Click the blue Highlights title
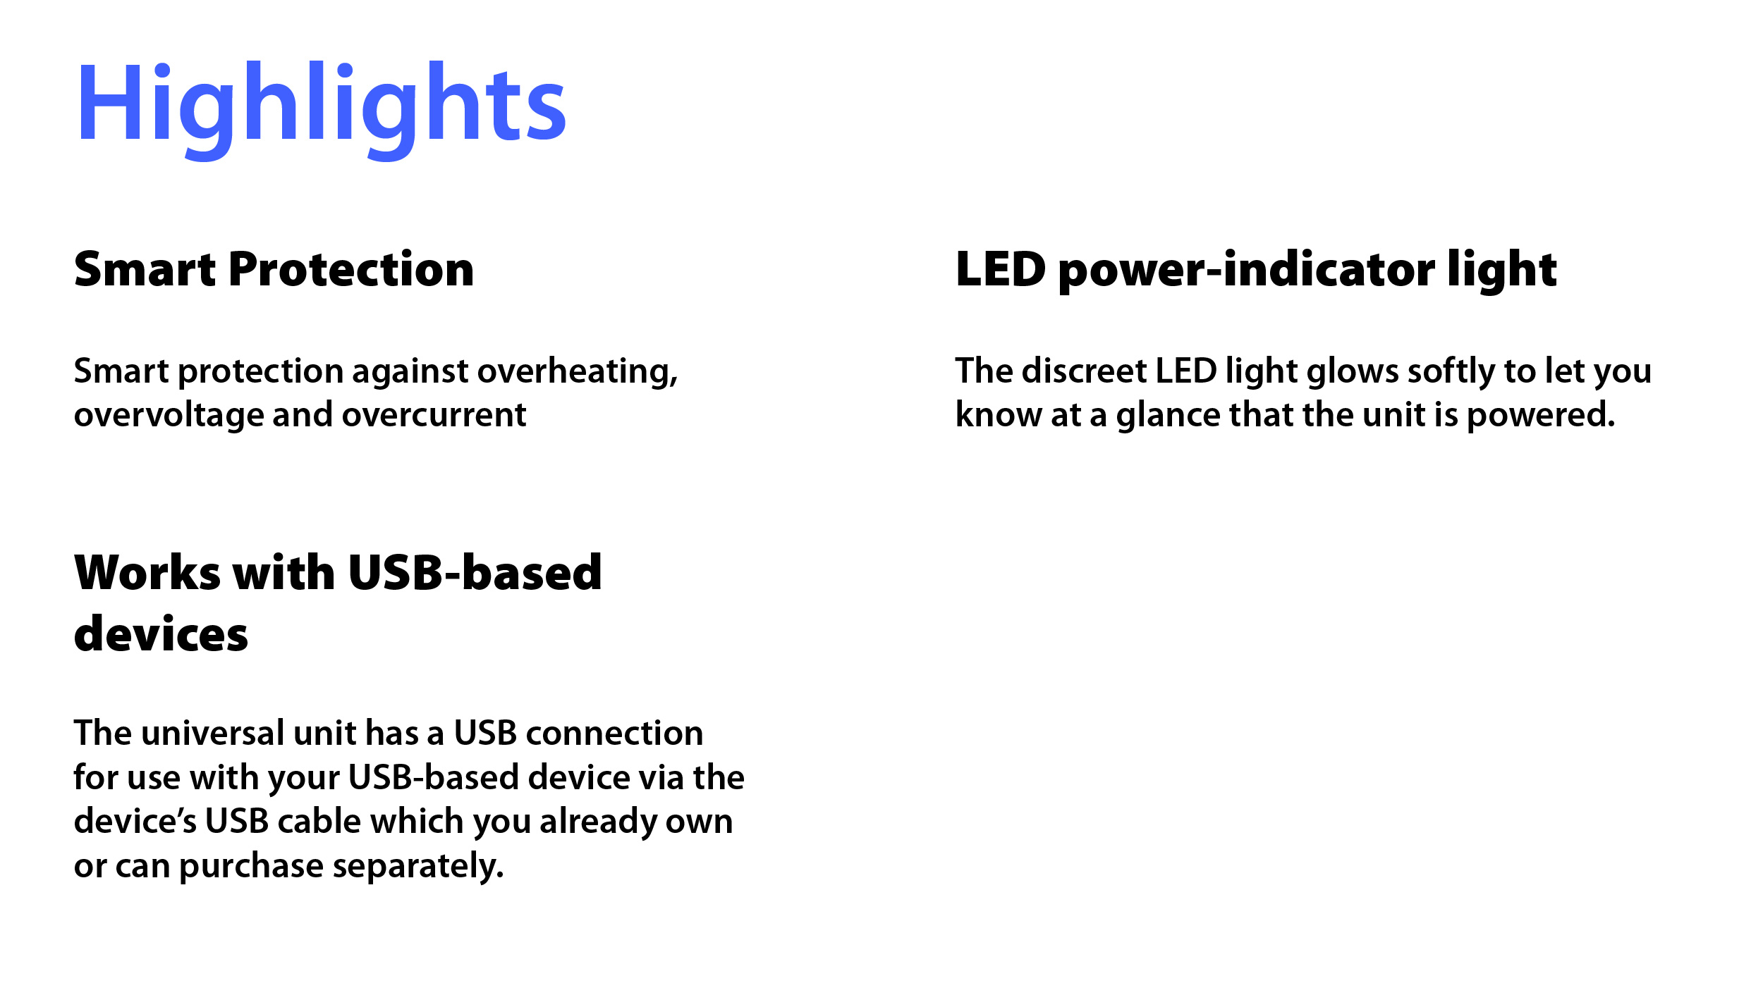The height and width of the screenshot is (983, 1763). click(321, 109)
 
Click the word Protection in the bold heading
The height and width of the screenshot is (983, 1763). click(351, 269)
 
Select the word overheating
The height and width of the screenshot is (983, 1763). click(578, 371)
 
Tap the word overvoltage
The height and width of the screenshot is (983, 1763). click(169, 414)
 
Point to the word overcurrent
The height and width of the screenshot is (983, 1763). click(434, 414)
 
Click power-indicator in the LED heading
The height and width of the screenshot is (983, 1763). click(1246, 271)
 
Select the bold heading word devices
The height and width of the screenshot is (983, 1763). click(161, 633)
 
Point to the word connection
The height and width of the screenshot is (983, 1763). click(615, 734)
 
